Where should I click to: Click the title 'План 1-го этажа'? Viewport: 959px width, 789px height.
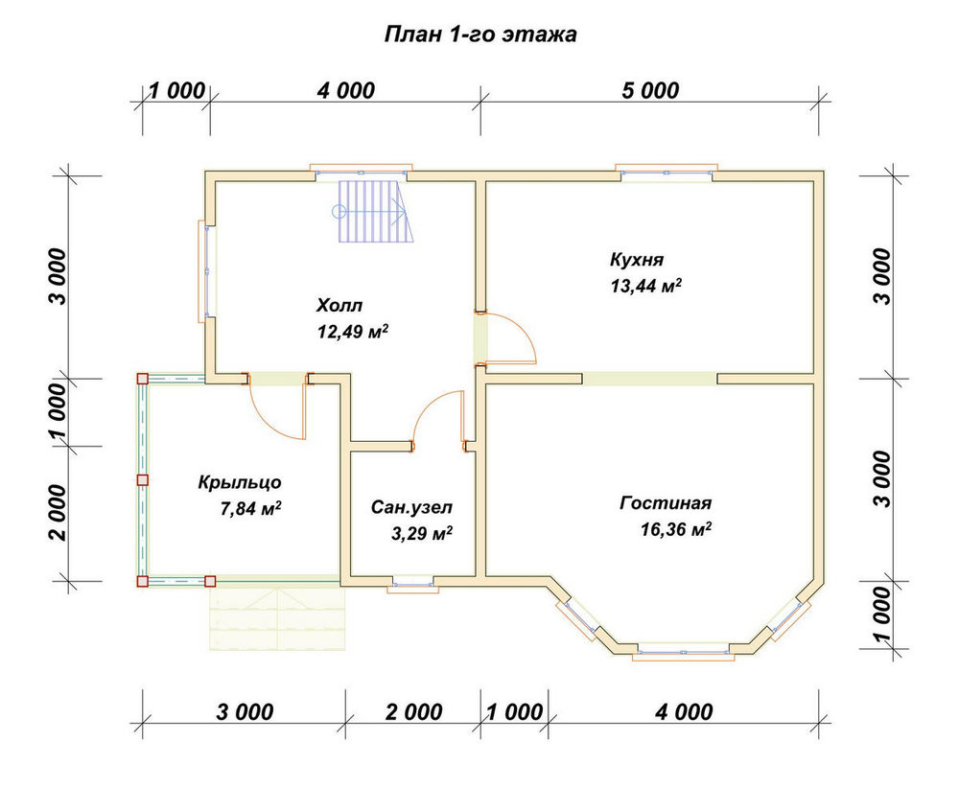click(480, 35)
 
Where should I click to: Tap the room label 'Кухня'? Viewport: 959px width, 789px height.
click(637, 260)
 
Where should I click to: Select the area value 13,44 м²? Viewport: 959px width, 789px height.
click(646, 286)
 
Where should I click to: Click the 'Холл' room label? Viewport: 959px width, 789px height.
click(339, 305)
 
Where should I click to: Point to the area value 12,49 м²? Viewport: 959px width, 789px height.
click(353, 332)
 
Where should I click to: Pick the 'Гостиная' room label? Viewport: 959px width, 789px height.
click(667, 502)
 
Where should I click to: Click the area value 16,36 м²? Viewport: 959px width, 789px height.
click(676, 528)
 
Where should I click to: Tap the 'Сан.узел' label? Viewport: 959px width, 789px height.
click(411, 507)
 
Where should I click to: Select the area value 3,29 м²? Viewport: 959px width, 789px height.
click(422, 534)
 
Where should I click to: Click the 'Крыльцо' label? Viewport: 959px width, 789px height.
click(240, 482)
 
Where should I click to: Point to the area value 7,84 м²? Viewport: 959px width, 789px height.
click(250, 508)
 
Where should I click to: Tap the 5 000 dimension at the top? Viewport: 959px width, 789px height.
click(650, 90)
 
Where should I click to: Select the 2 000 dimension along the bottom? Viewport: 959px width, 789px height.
click(413, 712)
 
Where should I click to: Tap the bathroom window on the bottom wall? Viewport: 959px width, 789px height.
click(413, 586)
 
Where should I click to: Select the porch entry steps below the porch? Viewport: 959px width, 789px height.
click(278, 616)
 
